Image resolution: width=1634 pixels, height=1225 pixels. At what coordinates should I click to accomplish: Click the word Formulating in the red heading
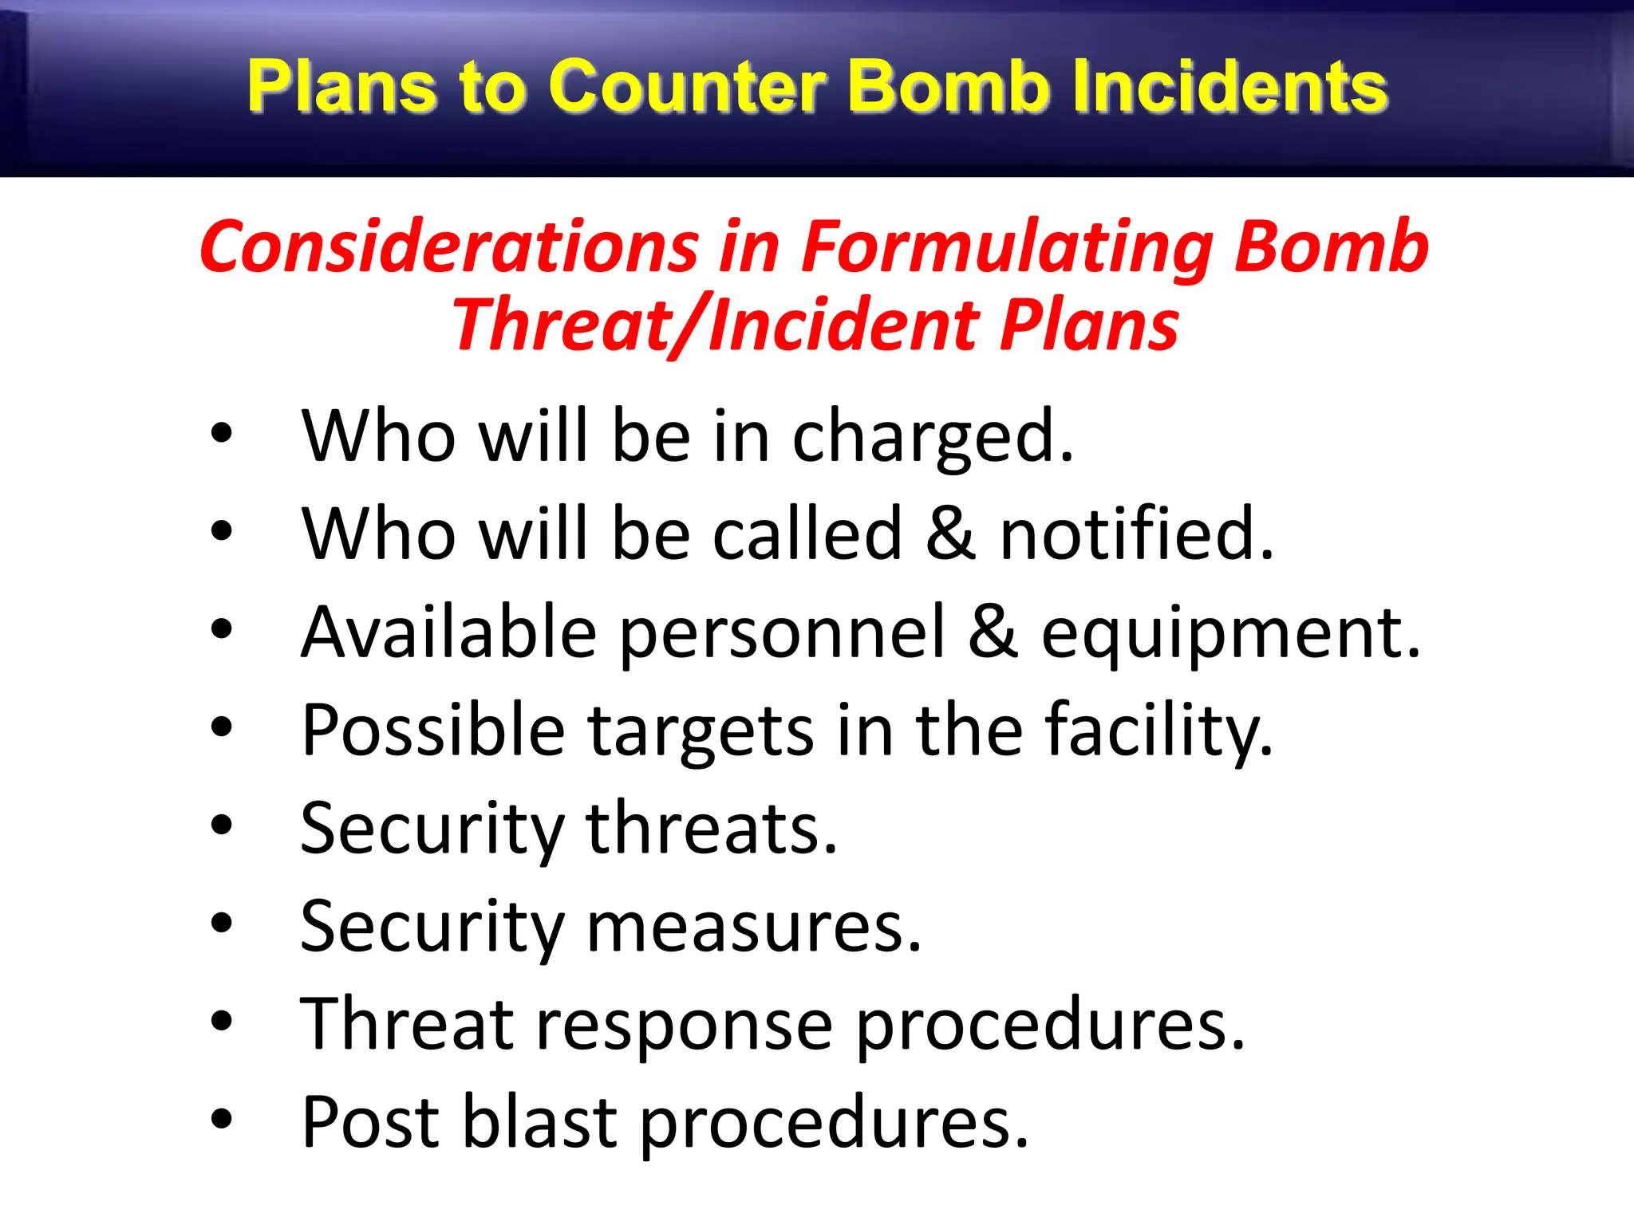(1007, 249)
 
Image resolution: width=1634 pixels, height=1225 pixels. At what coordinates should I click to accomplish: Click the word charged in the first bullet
(932, 437)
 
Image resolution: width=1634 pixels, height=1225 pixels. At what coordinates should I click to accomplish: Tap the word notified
(1136, 534)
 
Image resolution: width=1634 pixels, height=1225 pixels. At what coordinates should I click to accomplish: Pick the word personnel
(782, 634)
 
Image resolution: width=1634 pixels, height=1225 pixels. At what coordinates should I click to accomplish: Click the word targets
(701, 732)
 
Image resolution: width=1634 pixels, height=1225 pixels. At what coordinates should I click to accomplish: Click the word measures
(754, 928)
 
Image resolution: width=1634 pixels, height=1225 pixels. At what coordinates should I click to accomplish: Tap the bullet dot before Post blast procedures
(222, 1119)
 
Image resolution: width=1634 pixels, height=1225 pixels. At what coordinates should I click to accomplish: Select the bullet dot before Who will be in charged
(222, 434)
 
